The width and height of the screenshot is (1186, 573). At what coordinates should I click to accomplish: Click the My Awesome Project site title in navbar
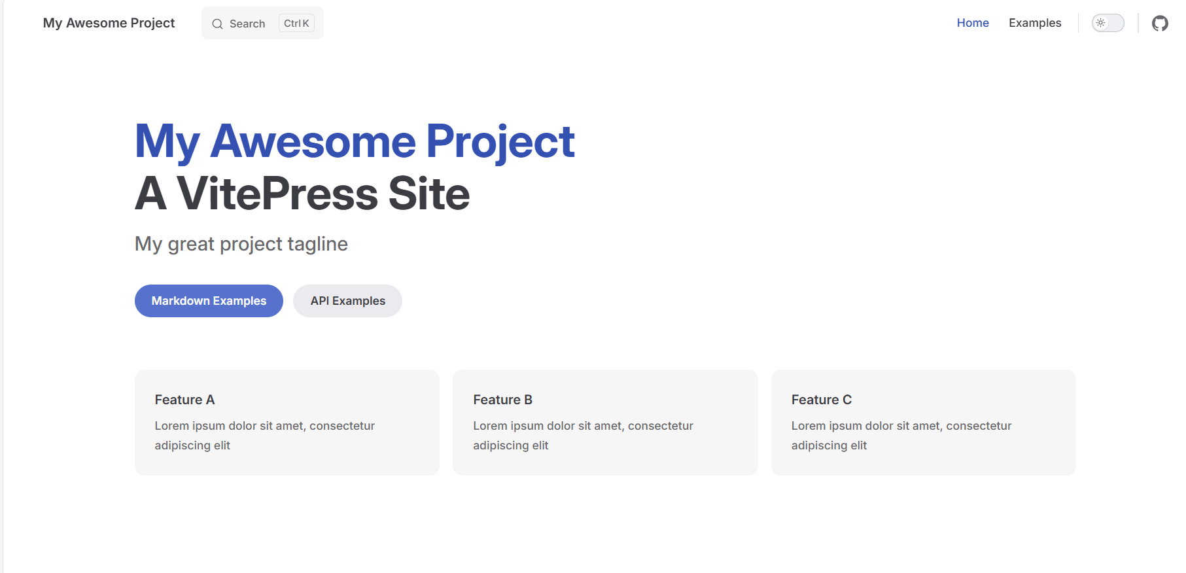click(x=109, y=23)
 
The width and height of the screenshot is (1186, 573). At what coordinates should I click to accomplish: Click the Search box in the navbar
click(x=262, y=23)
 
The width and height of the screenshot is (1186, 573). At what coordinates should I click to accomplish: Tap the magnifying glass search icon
click(x=217, y=24)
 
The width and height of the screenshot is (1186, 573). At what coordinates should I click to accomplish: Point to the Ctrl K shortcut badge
click(x=296, y=23)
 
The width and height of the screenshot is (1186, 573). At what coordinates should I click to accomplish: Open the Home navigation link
click(x=973, y=23)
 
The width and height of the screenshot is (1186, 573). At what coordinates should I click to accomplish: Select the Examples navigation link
click(x=1035, y=23)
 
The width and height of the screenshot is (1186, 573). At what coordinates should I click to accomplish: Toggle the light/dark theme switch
click(x=1108, y=23)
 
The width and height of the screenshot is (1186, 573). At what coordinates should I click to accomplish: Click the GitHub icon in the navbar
click(x=1160, y=24)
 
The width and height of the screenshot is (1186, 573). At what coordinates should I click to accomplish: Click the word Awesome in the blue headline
click(x=313, y=141)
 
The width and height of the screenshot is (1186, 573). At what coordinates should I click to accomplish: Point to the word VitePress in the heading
click(x=277, y=194)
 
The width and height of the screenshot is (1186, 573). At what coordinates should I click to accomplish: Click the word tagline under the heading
click(x=317, y=245)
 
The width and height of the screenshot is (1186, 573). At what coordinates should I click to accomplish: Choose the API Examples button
click(x=347, y=301)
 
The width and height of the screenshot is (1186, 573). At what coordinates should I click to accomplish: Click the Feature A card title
click(x=184, y=400)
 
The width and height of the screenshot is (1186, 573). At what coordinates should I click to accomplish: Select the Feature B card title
click(x=502, y=400)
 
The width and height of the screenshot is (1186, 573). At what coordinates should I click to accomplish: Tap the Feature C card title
click(x=822, y=400)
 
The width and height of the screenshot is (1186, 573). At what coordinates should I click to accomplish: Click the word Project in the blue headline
click(x=500, y=143)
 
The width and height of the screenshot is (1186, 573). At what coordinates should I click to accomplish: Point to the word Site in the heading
click(x=429, y=194)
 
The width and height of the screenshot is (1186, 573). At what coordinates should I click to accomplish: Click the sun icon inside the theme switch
click(x=1101, y=23)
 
